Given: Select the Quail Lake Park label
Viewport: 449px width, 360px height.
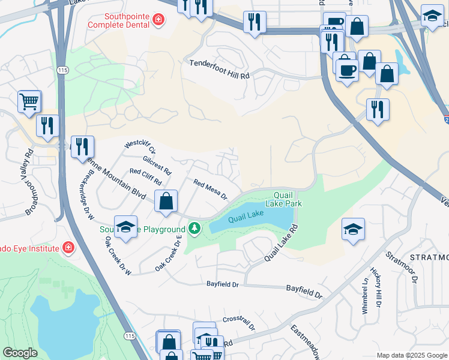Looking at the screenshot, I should (x=287, y=199).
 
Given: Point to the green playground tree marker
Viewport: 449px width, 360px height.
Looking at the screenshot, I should (x=194, y=229).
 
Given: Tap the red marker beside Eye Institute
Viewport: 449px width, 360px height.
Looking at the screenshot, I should (x=68, y=248).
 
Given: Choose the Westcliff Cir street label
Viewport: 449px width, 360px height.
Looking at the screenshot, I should (x=139, y=148).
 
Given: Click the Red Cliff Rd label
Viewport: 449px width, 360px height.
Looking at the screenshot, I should (x=146, y=177).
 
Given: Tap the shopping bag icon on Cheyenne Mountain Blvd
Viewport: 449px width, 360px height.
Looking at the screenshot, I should (x=166, y=202).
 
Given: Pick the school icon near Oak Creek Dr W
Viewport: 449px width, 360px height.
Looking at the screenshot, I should (x=125, y=227).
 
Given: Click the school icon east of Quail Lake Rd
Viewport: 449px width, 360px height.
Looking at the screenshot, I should (x=353, y=229).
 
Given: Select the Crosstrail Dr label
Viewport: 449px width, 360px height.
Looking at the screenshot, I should (x=239, y=323).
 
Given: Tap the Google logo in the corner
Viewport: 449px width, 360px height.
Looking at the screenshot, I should (x=20, y=353).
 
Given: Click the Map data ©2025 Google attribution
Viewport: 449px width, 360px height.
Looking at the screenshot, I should (x=411, y=355).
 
